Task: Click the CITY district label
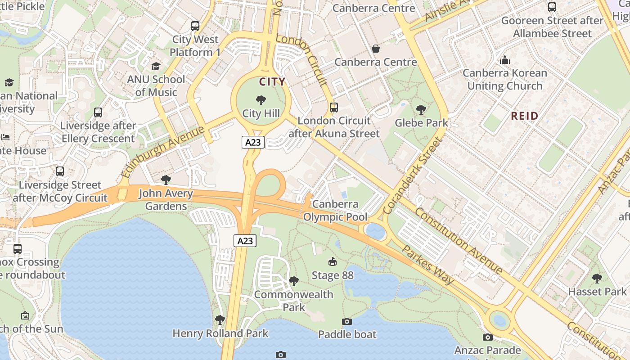pyautogui.click(x=272, y=81)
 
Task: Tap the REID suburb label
pyautogui.click(x=524, y=116)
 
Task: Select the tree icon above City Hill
pyautogui.click(x=261, y=100)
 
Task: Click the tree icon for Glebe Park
pyautogui.click(x=421, y=109)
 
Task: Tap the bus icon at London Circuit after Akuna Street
pyautogui.click(x=333, y=108)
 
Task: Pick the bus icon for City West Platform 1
pyautogui.click(x=195, y=26)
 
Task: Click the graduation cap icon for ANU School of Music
pyautogui.click(x=156, y=66)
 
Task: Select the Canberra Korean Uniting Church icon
pyautogui.click(x=505, y=60)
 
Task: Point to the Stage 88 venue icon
pyautogui.click(x=333, y=262)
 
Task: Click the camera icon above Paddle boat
pyautogui.click(x=346, y=321)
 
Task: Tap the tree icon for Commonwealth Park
pyautogui.click(x=294, y=281)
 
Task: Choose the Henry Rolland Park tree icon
pyautogui.click(x=220, y=320)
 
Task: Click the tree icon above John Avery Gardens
pyautogui.click(x=166, y=180)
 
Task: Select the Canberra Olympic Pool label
pyautogui.click(x=335, y=211)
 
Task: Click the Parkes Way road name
pyautogui.click(x=427, y=265)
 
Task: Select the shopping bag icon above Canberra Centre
pyautogui.click(x=376, y=49)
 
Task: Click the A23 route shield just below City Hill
pyautogui.click(x=252, y=143)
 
